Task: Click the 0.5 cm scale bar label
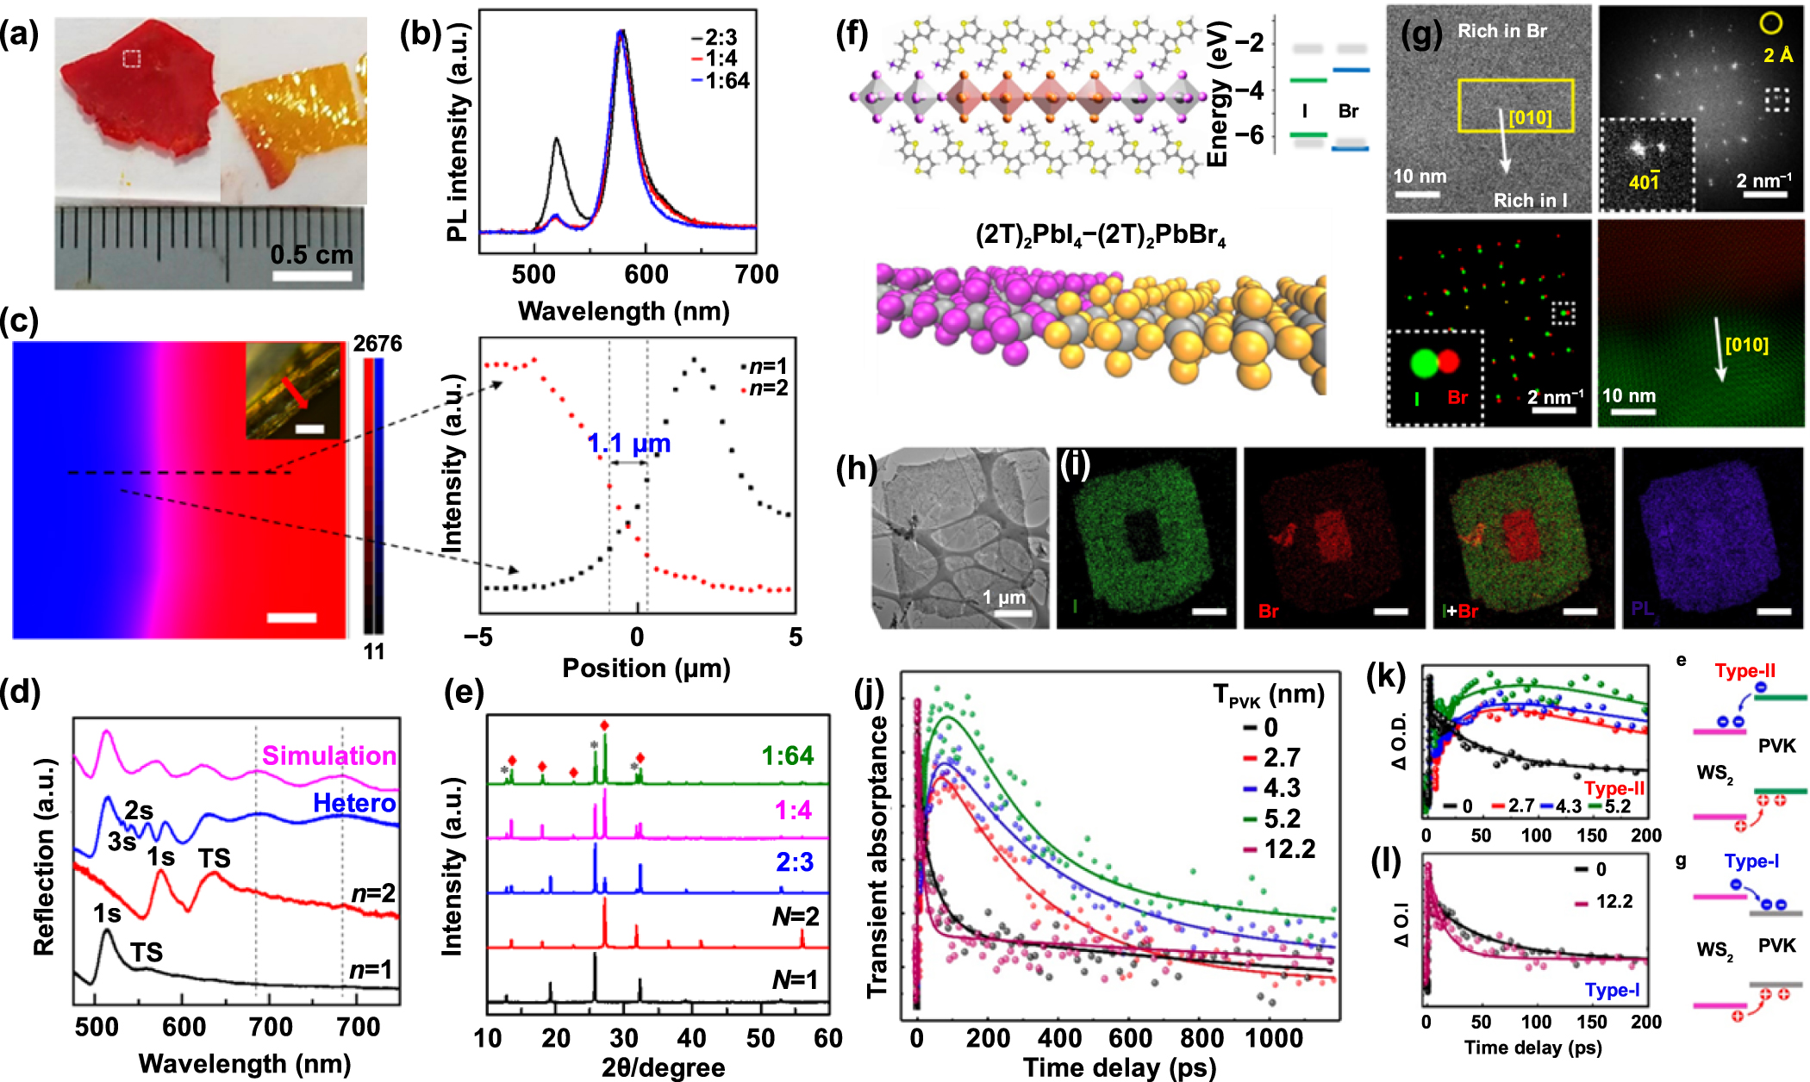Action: [311, 255]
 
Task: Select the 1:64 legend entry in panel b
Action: [727, 81]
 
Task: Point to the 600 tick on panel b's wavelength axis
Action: [646, 275]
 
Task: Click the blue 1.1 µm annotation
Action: [628, 444]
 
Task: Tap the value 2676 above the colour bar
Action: [377, 344]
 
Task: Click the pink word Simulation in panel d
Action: [328, 756]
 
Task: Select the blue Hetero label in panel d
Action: [354, 804]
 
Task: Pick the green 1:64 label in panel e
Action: [787, 756]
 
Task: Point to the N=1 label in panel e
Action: [795, 979]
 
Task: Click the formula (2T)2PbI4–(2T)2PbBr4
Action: [1100, 235]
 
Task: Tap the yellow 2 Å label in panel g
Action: [1777, 55]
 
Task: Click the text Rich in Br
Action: [1501, 31]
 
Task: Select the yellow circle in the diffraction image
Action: [1770, 23]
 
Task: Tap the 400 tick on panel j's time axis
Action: [1059, 1038]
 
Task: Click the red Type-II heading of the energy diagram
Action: [1744, 670]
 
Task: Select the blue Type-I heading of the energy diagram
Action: [1751, 861]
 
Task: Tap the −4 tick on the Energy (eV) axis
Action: [1249, 90]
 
